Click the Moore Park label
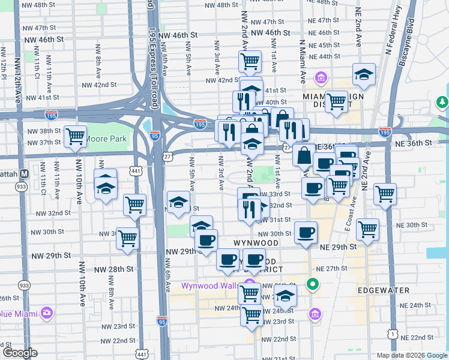coord(106,139)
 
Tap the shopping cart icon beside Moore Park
coord(76,137)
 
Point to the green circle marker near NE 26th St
coord(312,284)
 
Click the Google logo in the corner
coord(19,353)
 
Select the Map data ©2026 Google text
coord(411,355)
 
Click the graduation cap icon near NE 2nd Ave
coord(364,75)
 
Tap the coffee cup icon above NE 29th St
coord(306,232)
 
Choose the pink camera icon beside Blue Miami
coord(46,313)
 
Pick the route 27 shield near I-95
coord(167,155)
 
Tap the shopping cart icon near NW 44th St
coord(250,61)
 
